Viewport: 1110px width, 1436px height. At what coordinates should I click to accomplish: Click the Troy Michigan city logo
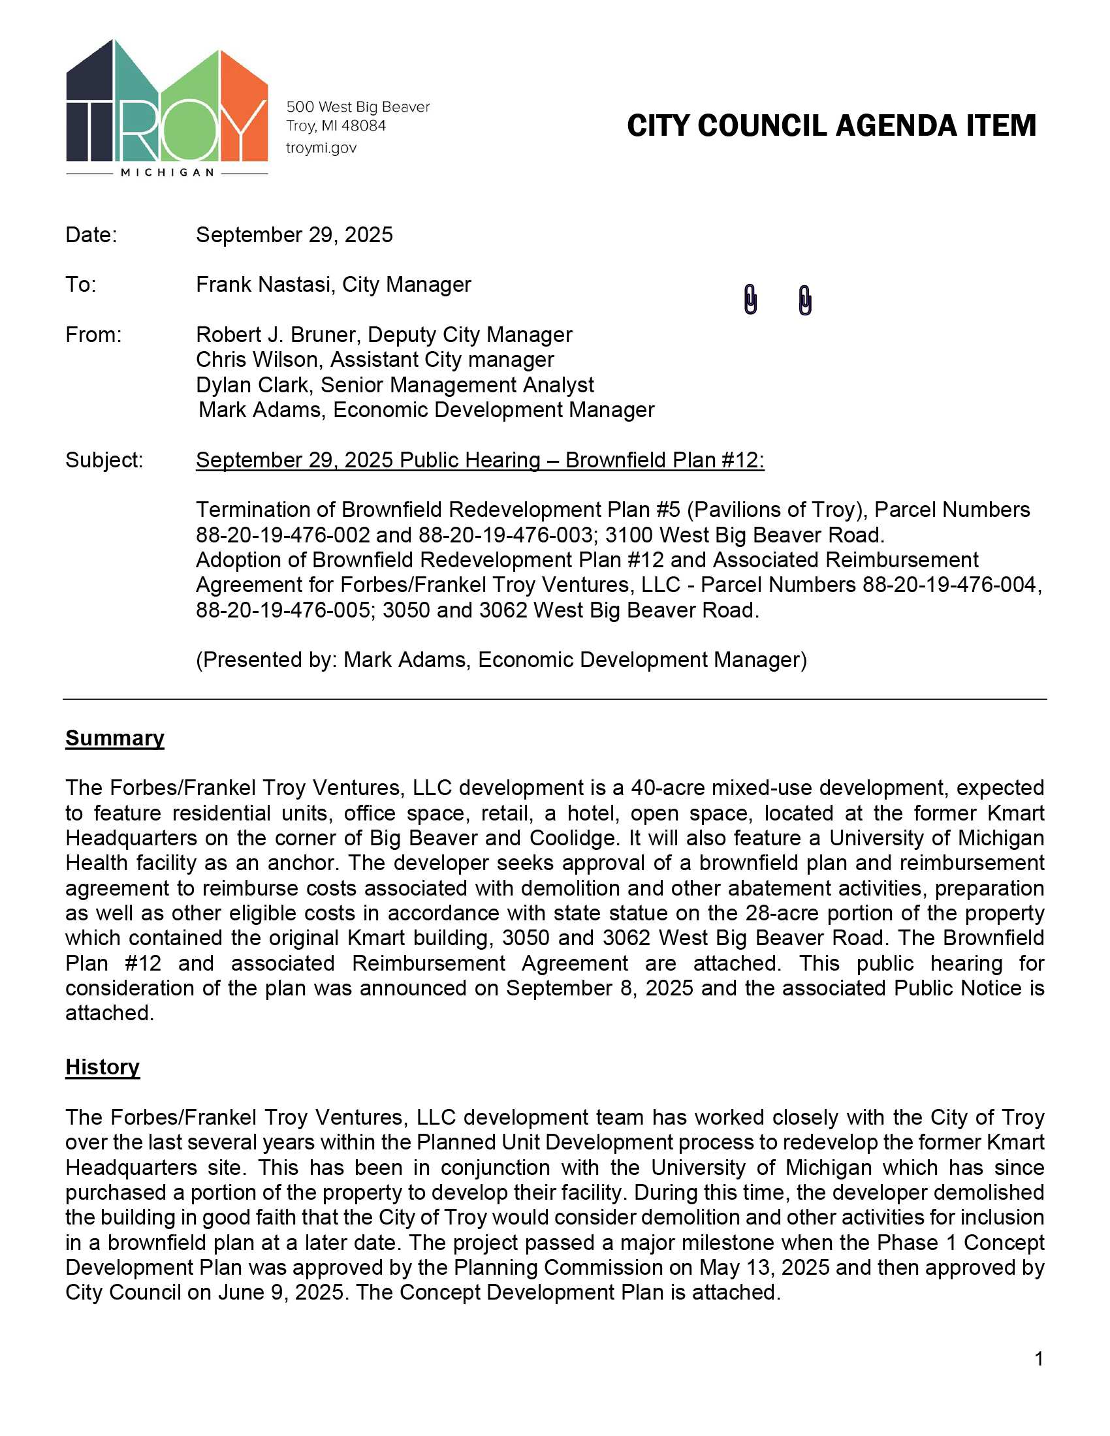[x=166, y=108]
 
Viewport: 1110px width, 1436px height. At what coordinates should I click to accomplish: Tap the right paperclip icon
[x=805, y=300]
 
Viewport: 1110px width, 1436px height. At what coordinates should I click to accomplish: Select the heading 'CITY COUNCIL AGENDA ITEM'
[x=831, y=126]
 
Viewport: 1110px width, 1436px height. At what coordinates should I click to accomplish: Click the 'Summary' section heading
[x=114, y=738]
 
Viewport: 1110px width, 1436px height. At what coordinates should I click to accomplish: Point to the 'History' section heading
[x=102, y=1067]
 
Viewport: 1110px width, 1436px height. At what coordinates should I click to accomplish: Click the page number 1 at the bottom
[x=1038, y=1358]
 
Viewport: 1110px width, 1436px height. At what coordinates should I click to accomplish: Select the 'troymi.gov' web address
[x=321, y=148]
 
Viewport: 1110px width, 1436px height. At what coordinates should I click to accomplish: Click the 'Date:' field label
[x=91, y=235]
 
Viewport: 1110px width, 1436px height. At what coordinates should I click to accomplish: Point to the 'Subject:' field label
[x=104, y=460]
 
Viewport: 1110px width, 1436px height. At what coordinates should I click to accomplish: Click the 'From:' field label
[x=93, y=335]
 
